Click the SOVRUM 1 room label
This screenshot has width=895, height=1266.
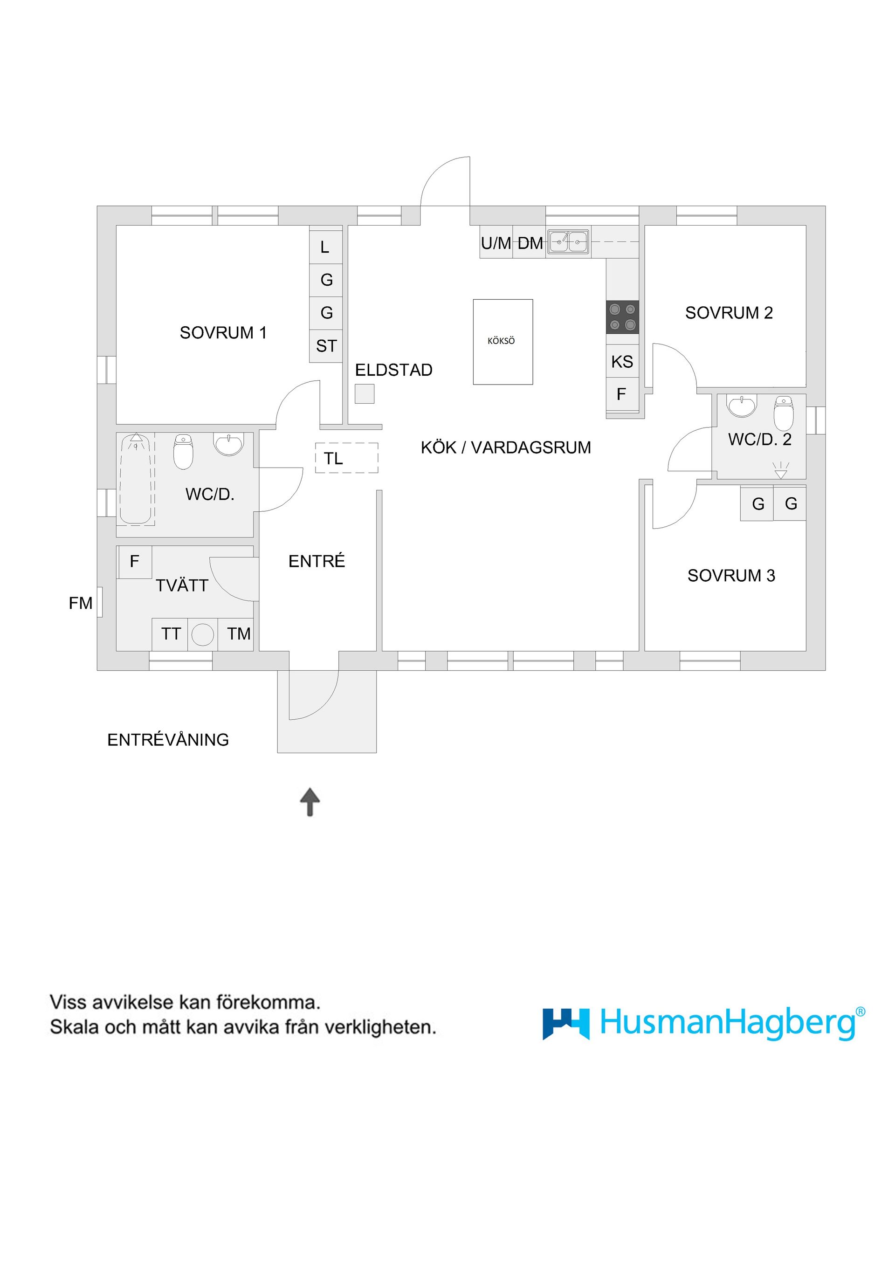pyautogui.click(x=223, y=332)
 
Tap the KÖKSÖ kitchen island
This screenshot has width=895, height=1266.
pyautogui.click(x=503, y=341)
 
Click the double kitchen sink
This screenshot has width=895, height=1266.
pyautogui.click(x=568, y=241)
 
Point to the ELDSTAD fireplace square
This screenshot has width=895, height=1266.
pyautogui.click(x=364, y=394)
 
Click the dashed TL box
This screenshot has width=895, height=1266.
pyautogui.click(x=346, y=458)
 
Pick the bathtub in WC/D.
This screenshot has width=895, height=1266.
pyautogui.click(x=135, y=479)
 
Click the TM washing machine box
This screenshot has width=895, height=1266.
pyautogui.click(x=238, y=634)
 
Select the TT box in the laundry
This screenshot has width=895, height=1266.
pyautogui.click(x=171, y=634)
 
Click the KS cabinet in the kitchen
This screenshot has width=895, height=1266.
pyautogui.click(x=622, y=362)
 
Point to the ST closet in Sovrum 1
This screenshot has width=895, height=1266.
pyautogui.click(x=326, y=346)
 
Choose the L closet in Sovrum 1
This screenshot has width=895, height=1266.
pyautogui.click(x=325, y=247)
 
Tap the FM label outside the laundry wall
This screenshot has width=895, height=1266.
pyautogui.click(x=81, y=603)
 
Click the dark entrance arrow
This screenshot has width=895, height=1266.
pyautogui.click(x=310, y=801)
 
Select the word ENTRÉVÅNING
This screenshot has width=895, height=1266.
pyautogui.click(x=168, y=739)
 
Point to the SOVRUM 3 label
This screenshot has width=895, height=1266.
pyautogui.click(x=730, y=576)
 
